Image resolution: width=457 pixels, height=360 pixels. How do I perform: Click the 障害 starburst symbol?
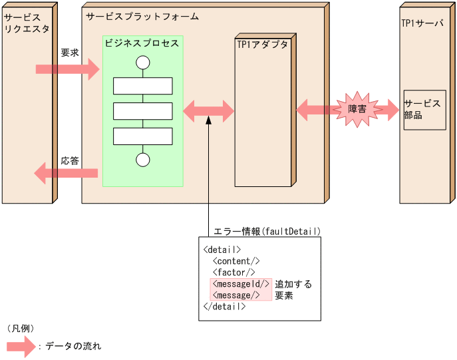[x=357, y=108]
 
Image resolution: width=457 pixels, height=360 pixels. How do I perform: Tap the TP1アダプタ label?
[x=263, y=45]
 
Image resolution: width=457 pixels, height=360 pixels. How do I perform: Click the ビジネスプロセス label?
[x=142, y=43]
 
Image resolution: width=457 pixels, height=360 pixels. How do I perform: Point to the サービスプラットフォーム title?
[x=142, y=16]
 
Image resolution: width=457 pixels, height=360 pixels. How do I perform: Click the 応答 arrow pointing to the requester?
[x=66, y=174]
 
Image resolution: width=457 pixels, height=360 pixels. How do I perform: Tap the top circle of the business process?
[x=142, y=63]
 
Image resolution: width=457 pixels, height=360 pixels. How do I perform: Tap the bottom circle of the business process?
[x=142, y=160]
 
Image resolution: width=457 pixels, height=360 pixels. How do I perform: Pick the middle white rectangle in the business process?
[x=142, y=111]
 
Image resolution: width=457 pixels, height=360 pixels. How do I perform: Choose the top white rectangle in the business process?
[x=142, y=86]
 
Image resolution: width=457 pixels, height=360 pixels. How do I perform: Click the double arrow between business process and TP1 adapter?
[x=209, y=110]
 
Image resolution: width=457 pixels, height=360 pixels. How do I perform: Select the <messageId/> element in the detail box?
[x=240, y=284]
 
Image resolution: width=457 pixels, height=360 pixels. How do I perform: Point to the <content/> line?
[x=236, y=261]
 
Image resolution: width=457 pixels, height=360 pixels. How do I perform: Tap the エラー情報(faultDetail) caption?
[x=267, y=232]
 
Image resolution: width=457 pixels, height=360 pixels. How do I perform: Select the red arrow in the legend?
[x=21, y=346]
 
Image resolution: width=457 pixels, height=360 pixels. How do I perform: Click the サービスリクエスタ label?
[x=27, y=23]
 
